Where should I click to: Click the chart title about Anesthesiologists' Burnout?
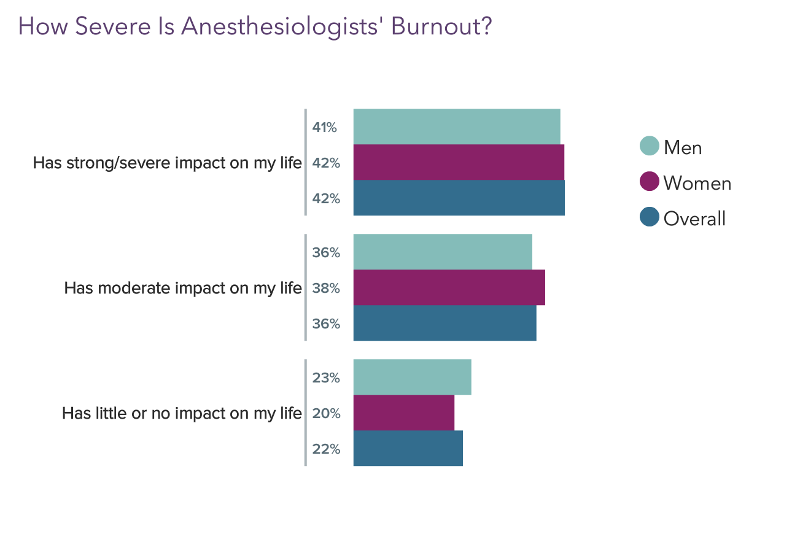(255, 27)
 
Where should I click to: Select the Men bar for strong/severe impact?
(456, 127)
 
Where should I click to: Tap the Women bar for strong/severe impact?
(458, 163)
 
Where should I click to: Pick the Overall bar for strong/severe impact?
(459, 198)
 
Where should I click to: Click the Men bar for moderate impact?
(442, 252)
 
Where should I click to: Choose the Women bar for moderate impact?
(449, 287)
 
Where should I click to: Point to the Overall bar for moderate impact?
(445, 323)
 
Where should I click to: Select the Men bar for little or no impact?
(412, 377)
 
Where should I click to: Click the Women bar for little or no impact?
(403, 413)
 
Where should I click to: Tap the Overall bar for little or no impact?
(408, 448)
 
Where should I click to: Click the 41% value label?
(325, 128)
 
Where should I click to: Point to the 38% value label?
(326, 288)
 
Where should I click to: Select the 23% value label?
(326, 378)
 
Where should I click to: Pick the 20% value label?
(326, 413)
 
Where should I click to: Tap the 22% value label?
(326, 449)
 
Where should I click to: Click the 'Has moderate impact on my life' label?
(183, 288)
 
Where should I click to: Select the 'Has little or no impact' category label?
(182, 413)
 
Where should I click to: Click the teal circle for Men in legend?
(649, 146)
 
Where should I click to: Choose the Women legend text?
(697, 183)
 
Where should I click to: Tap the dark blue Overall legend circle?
(649, 217)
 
